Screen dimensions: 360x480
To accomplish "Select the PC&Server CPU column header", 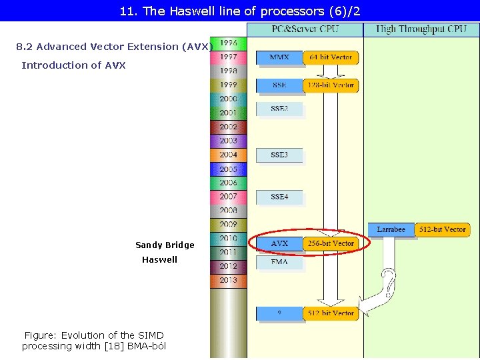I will pos(305,29).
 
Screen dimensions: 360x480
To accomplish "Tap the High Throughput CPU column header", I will pos(421,29).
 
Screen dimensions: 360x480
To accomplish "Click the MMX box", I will pos(279,58).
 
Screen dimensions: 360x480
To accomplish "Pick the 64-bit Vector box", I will pos(331,58).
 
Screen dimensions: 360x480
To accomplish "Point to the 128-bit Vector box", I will pos(331,85).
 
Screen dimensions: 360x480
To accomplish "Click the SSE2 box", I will pos(279,108).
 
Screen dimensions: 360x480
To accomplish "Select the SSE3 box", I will pos(279,155).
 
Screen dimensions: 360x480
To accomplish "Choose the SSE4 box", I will pos(279,197).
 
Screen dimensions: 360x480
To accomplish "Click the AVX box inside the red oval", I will pos(279,244).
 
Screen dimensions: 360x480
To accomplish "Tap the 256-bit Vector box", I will pos(331,244).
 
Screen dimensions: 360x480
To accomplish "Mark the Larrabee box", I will pos(391,229).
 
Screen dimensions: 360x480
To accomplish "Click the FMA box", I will pos(279,263).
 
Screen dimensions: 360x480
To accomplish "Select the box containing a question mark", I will pos(279,313).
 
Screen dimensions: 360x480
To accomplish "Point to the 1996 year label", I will pos(229,43).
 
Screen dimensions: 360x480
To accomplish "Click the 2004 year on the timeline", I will pos(229,155).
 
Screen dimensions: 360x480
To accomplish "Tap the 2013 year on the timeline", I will pos(229,280).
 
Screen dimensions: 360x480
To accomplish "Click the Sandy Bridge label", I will pos(165,245).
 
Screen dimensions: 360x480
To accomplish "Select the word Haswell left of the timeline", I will pos(159,260).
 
